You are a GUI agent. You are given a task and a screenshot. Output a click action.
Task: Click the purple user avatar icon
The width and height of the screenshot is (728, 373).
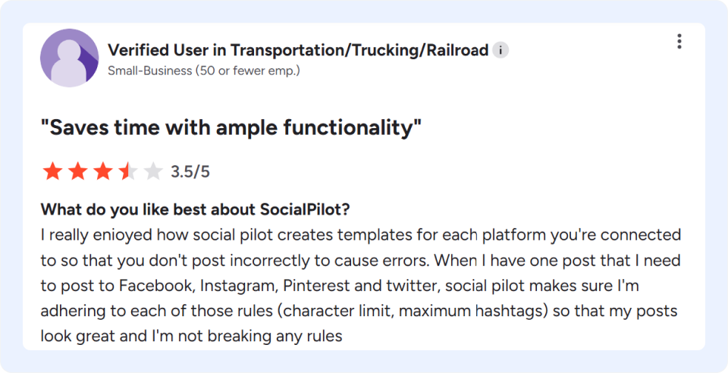70,58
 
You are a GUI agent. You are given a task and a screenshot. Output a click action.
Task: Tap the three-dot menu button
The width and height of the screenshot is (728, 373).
679,41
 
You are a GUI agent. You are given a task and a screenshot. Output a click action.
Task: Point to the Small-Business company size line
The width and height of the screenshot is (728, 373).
204,71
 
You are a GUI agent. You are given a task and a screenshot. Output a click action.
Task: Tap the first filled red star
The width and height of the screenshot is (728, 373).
52,171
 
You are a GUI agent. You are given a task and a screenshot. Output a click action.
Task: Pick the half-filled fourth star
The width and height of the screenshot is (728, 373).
127,171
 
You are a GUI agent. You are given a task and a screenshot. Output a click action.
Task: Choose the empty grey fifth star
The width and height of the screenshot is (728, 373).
152,171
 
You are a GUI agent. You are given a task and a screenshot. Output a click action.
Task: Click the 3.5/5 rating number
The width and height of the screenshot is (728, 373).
190,172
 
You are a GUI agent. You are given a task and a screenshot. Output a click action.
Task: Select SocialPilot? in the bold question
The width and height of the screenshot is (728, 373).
305,210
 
